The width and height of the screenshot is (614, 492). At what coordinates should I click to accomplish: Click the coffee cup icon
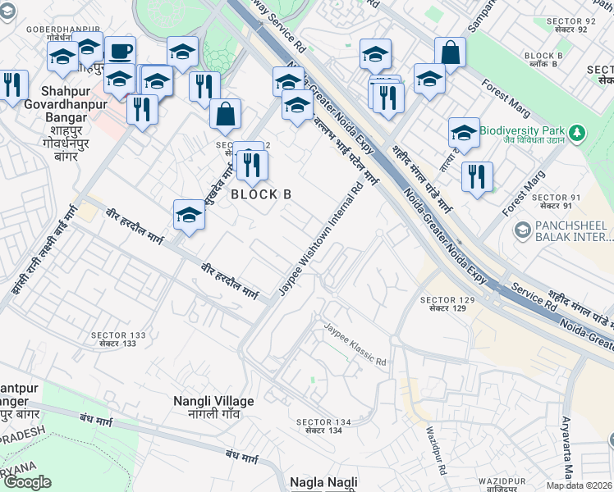pyautogui.click(x=120, y=50)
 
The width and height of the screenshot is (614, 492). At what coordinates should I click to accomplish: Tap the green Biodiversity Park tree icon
pyautogui.click(x=578, y=131)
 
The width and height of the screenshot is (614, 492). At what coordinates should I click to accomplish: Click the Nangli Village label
pyautogui.click(x=213, y=401)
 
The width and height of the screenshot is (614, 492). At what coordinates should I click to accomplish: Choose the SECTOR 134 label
pyautogui.click(x=323, y=422)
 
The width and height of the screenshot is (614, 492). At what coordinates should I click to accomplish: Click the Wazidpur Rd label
pyautogui.click(x=436, y=450)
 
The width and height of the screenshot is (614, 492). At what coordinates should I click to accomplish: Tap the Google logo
pyautogui.click(x=27, y=481)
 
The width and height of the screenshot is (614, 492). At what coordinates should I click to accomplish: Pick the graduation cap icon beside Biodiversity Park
pyautogui.click(x=464, y=132)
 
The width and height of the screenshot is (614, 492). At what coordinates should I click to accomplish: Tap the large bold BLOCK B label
pyautogui.click(x=261, y=194)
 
